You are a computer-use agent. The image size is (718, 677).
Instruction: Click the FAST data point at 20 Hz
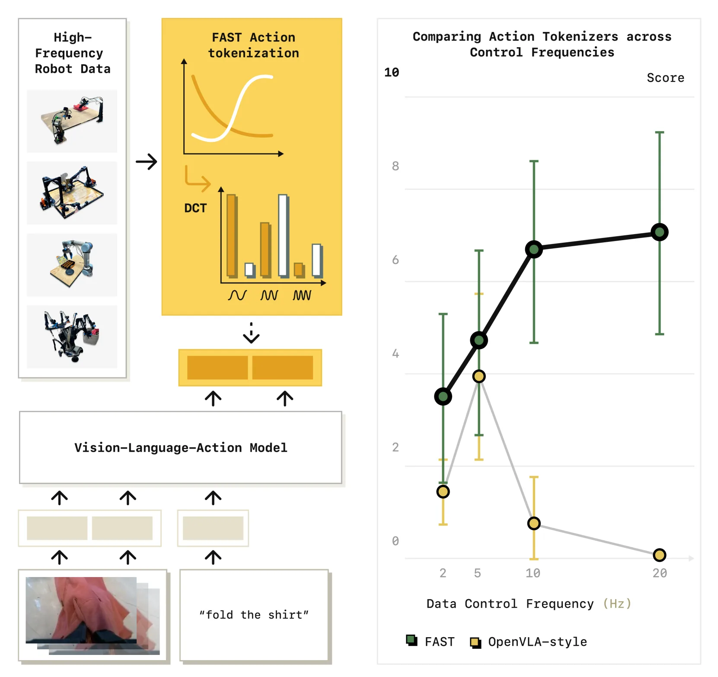click(x=659, y=232)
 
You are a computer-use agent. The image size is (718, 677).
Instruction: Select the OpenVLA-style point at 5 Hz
click(x=479, y=376)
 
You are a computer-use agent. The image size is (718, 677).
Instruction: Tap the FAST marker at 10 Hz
click(x=534, y=249)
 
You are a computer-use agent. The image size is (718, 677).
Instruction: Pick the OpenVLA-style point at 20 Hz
click(x=659, y=555)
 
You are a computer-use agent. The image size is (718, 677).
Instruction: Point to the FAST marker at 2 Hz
click(x=443, y=396)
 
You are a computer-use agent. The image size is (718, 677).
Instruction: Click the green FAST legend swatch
click(x=412, y=640)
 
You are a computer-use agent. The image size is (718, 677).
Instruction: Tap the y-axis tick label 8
click(x=395, y=166)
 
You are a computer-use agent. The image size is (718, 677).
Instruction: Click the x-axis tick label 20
click(x=660, y=573)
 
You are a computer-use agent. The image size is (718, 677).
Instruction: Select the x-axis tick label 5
click(x=477, y=573)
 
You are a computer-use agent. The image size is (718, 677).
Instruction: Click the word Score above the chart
click(x=665, y=78)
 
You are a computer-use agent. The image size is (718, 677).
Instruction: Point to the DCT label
click(x=195, y=208)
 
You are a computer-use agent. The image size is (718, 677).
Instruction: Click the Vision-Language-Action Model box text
click(x=181, y=448)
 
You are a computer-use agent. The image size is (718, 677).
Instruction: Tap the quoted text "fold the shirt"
click(x=254, y=615)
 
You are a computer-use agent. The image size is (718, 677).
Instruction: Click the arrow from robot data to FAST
click(x=147, y=162)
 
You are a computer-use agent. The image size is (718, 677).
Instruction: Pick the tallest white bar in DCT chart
click(x=283, y=236)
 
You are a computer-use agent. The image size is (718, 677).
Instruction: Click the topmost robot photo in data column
click(x=72, y=121)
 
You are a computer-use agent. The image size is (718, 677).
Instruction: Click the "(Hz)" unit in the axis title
click(x=617, y=603)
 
